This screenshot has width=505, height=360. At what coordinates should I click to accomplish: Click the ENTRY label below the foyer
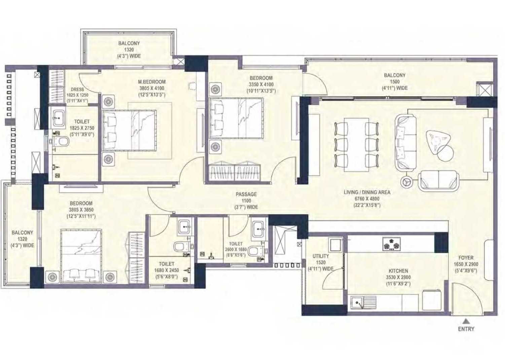coord(466,329)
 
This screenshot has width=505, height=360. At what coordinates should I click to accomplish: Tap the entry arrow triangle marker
coord(466,321)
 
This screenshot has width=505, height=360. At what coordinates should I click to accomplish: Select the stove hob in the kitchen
coord(391,244)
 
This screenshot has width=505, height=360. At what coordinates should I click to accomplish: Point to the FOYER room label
coord(466,258)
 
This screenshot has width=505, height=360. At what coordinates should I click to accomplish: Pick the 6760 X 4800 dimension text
coord(367,199)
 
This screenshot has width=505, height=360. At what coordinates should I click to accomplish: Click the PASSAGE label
coord(246,194)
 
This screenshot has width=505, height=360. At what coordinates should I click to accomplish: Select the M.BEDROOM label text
coord(152,82)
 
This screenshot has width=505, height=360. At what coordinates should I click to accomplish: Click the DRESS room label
coord(77,89)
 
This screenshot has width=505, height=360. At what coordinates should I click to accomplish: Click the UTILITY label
coord(321,256)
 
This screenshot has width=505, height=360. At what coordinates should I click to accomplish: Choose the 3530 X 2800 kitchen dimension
coord(398,278)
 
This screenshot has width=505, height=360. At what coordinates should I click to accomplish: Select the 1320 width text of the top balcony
coord(129,49)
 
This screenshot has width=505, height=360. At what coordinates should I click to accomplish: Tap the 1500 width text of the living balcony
coord(395,82)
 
